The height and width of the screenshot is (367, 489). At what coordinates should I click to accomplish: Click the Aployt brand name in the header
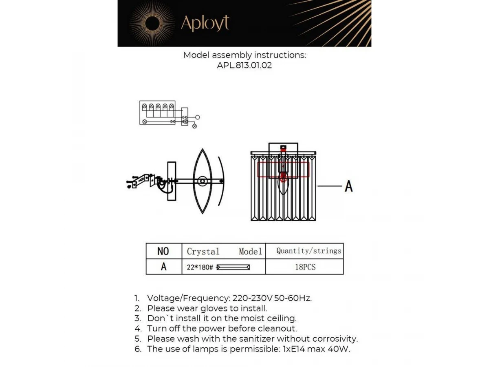coord(205,24)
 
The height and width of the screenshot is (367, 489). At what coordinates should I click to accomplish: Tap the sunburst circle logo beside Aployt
coord(152,24)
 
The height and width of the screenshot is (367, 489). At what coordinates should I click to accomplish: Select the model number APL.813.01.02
coord(244,65)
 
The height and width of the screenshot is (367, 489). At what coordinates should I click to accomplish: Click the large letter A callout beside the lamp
coord(348,186)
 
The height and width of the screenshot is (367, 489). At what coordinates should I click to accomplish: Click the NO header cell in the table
coord(163,251)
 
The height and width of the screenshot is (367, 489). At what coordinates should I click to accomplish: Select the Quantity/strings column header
coord(308,251)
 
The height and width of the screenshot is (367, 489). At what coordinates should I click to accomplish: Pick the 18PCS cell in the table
coord(305,267)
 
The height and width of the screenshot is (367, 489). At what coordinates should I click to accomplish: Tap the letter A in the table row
coord(163,267)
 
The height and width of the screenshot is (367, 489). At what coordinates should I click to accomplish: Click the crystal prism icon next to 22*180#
coord(233,267)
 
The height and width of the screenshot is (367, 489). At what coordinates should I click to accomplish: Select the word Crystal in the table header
coord(203,252)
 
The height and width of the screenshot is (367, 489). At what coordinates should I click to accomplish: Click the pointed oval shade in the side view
coord(202,181)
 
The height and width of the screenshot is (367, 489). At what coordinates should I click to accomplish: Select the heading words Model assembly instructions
coord(244,55)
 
